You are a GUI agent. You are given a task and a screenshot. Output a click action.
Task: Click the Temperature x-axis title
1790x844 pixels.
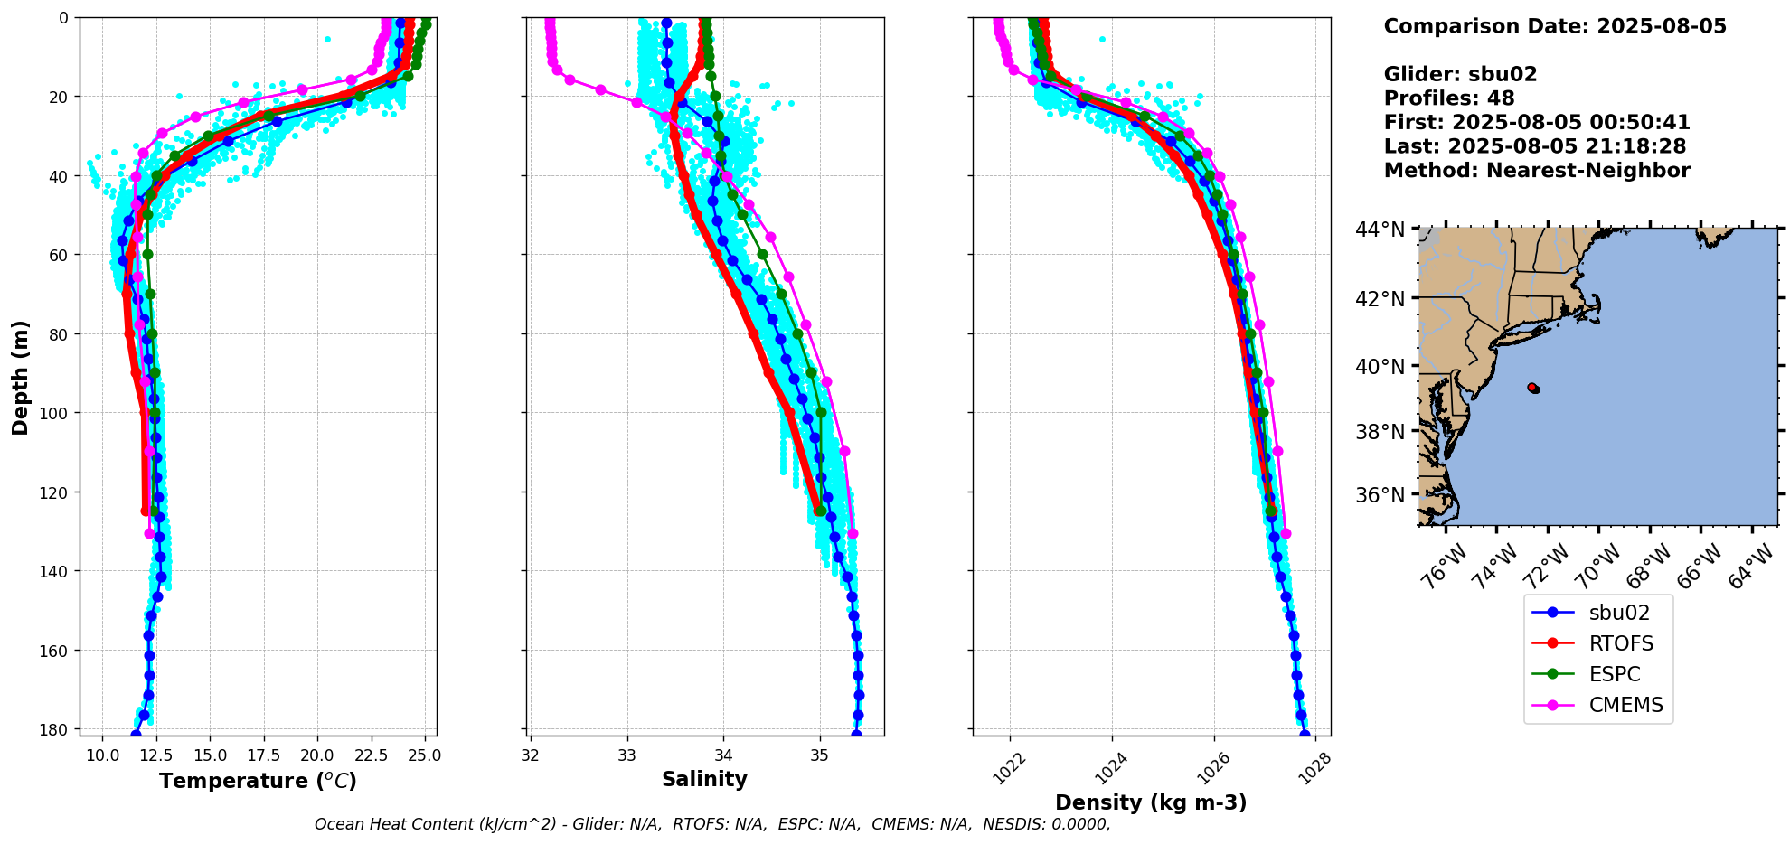pyautogui.click(x=258, y=781)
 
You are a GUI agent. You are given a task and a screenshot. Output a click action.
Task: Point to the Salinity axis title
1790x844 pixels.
pyautogui.click(x=704, y=779)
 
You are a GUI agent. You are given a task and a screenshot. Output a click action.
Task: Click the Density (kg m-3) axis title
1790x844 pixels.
pyautogui.click(x=1151, y=802)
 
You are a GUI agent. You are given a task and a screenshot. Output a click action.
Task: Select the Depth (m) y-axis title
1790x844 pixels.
pyautogui.click(x=20, y=377)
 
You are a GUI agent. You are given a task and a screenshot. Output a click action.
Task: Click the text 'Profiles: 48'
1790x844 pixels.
pyautogui.click(x=1448, y=98)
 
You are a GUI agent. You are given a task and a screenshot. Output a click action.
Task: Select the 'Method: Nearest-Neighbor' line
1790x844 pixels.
pyautogui.click(x=1536, y=171)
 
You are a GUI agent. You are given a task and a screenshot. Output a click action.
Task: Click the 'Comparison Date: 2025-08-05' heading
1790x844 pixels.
pyautogui.click(x=1554, y=26)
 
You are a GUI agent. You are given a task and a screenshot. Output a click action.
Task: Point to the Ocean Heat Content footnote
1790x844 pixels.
pyautogui.click(x=711, y=824)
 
